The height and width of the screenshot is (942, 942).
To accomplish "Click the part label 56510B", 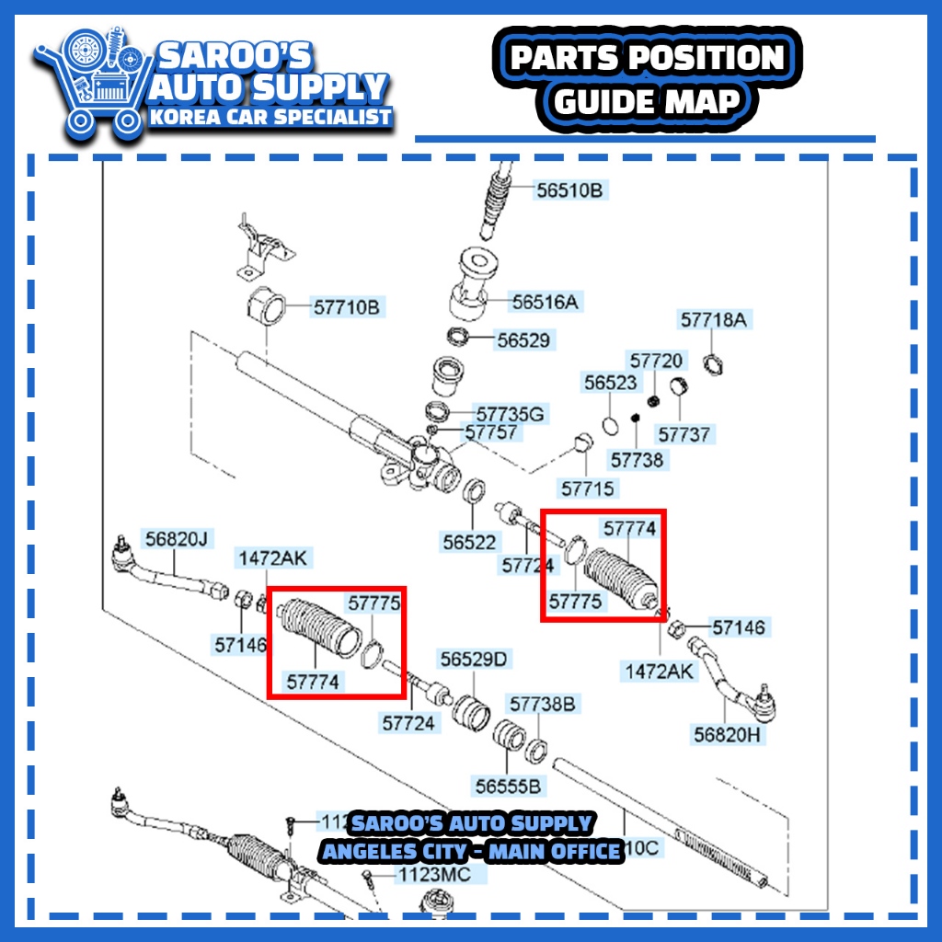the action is (x=569, y=191).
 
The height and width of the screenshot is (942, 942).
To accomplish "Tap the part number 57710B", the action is (x=346, y=307).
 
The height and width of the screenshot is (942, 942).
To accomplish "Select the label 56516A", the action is (x=547, y=302).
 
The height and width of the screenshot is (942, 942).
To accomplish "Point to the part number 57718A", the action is (x=714, y=320).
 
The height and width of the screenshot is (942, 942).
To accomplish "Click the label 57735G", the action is (x=510, y=414).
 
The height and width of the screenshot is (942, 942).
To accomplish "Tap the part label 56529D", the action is (x=474, y=660).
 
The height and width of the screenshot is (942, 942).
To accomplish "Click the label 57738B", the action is (x=543, y=705).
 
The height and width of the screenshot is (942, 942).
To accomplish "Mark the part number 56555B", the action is (x=508, y=786).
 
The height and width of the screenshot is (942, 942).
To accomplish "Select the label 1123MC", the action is (x=433, y=874).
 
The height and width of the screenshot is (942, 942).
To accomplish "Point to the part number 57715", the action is (x=588, y=488).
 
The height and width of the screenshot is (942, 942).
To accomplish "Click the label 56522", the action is (x=470, y=542).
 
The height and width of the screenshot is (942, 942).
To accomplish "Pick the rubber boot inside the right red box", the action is (x=621, y=574).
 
